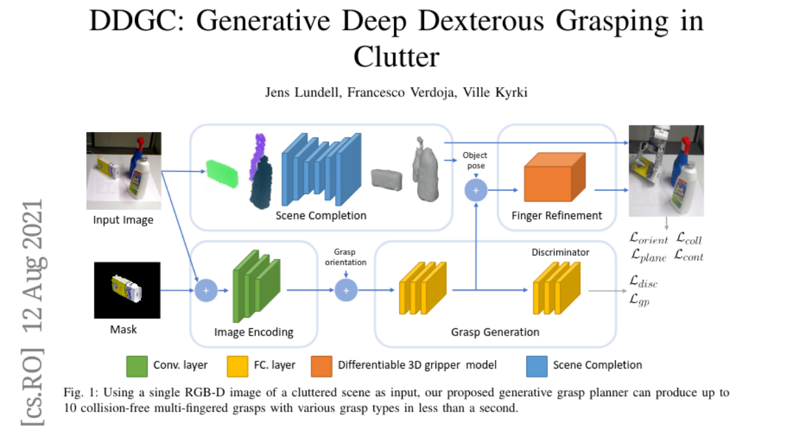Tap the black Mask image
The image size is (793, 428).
click(x=127, y=289)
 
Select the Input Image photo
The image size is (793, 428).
click(x=124, y=170)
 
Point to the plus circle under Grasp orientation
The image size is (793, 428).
click(x=345, y=289)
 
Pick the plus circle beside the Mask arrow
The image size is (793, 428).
click(x=206, y=289)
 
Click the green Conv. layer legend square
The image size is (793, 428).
click(x=137, y=365)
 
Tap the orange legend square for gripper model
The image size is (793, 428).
click(x=322, y=365)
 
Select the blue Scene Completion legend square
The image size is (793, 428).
click(x=537, y=365)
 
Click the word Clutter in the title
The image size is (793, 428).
click(x=397, y=57)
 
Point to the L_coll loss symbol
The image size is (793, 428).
click(x=689, y=239)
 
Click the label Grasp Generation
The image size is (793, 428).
click(x=495, y=332)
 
